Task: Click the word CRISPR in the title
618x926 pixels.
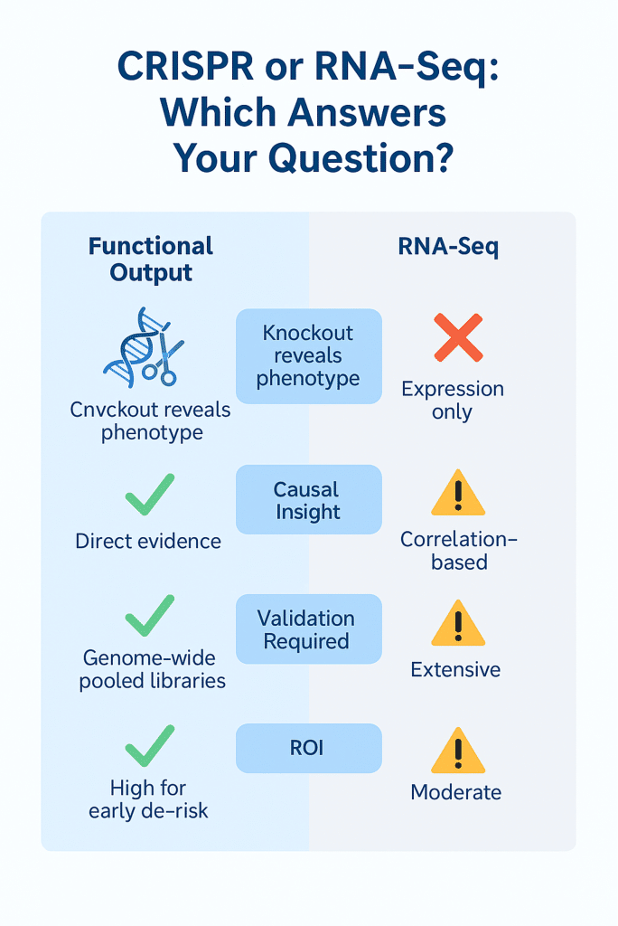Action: click(x=185, y=66)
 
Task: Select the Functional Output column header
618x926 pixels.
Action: click(x=151, y=260)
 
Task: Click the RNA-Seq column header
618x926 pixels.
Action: click(x=448, y=247)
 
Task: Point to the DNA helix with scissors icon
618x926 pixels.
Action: click(x=144, y=347)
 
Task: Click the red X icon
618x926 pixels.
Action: click(x=458, y=337)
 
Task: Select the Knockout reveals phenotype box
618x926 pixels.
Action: click(x=309, y=356)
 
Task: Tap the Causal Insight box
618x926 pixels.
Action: click(x=309, y=499)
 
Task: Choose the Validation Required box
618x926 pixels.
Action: click(x=309, y=629)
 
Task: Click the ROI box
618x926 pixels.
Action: click(x=309, y=748)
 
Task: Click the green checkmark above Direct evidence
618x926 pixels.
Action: click(x=150, y=495)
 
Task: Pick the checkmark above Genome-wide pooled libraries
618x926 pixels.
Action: click(x=150, y=616)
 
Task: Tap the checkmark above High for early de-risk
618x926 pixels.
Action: click(x=150, y=746)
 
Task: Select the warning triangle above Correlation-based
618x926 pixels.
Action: click(x=458, y=494)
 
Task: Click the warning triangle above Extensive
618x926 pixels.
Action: click(x=458, y=624)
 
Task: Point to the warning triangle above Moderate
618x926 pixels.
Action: click(x=458, y=751)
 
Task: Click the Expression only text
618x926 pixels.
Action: click(x=453, y=401)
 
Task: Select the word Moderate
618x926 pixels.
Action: click(x=455, y=792)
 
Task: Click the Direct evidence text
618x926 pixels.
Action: click(x=148, y=541)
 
